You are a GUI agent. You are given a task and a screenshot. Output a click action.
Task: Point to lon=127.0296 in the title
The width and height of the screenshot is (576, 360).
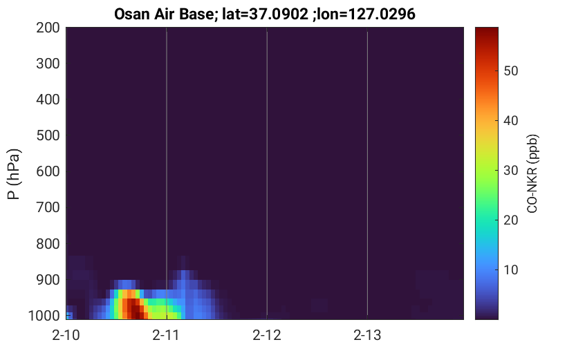[366, 15]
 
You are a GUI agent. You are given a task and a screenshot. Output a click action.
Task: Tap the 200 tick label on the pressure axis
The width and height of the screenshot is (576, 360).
[48, 28]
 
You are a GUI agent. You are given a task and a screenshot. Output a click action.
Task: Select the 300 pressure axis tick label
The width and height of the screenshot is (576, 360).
[48, 64]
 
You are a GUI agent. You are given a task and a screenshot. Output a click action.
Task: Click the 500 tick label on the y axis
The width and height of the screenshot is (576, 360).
[48, 135]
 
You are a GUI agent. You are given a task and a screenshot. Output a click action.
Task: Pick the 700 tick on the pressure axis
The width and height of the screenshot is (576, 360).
[48, 207]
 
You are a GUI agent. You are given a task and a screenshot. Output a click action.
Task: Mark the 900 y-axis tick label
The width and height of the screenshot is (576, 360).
[48, 280]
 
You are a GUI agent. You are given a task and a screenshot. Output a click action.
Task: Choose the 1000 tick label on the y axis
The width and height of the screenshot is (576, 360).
[44, 316]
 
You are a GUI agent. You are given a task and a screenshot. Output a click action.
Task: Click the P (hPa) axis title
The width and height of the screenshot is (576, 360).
[14, 174]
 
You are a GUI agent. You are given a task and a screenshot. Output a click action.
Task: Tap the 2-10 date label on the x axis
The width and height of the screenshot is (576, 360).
[66, 335]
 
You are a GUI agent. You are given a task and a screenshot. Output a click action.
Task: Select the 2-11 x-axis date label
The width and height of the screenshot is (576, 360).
[166, 335]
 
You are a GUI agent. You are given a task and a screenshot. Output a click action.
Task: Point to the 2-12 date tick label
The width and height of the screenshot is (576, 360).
[267, 335]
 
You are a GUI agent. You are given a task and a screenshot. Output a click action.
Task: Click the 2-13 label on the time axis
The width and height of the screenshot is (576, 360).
[367, 335]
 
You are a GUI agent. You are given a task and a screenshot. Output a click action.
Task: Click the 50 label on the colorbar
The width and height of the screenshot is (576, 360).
[510, 71]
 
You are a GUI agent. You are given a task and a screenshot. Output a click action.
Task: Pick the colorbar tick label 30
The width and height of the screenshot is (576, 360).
[510, 170]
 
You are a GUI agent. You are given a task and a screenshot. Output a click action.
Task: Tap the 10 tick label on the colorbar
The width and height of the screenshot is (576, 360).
[510, 269]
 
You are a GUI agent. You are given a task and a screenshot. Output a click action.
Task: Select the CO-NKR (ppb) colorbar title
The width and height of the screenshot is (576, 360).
[532, 173]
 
